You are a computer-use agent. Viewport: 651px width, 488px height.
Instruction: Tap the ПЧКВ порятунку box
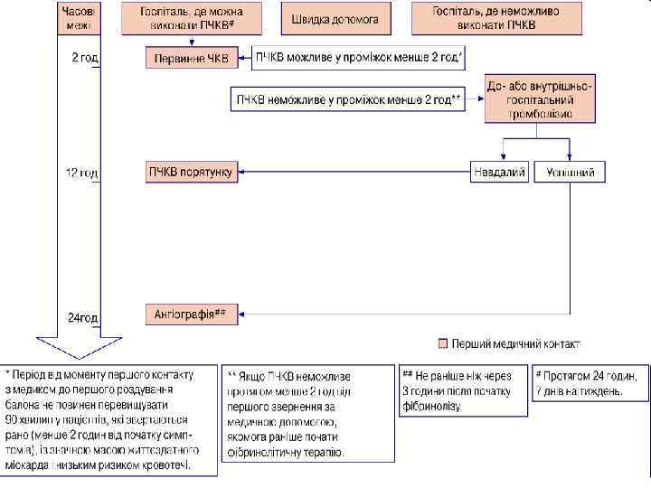click(x=191, y=172)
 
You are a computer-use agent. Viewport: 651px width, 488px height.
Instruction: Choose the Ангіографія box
click(x=191, y=314)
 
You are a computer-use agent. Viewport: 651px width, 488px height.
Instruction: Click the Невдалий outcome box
click(x=498, y=172)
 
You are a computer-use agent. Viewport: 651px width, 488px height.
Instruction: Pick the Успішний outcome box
click(x=570, y=172)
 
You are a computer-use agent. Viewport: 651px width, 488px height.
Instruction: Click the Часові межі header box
click(x=80, y=18)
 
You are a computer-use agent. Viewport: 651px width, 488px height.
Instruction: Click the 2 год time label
click(x=85, y=59)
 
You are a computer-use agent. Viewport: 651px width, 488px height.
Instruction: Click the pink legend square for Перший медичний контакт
click(x=442, y=343)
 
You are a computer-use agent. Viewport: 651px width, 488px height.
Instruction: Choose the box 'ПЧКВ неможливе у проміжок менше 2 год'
click(x=348, y=99)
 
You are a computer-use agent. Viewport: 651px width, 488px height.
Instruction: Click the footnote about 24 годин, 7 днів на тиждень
click(x=590, y=383)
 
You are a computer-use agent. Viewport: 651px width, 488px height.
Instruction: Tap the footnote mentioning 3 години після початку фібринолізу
click(x=463, y=390)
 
